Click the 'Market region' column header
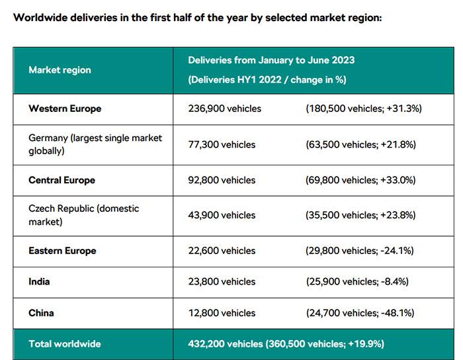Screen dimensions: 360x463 60,69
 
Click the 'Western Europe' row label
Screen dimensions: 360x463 65,109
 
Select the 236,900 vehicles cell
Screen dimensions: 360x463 225,109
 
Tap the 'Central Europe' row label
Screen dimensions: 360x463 62,180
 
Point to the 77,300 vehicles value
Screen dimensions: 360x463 222,144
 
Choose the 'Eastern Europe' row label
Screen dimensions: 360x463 62,251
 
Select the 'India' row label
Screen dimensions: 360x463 39,281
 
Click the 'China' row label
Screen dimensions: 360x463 41,312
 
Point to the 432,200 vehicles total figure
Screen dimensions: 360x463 226,344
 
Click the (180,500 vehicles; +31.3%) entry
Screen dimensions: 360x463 364,109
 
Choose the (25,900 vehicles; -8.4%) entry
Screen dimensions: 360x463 358,281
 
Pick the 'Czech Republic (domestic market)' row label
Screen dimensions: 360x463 83,215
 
